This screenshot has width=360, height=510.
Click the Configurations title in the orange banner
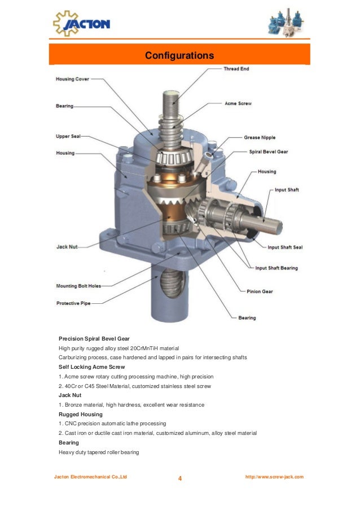(x=179, y=56)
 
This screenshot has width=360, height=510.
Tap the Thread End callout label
(x=236, y=69)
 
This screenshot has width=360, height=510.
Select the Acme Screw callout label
(x=238, y=104)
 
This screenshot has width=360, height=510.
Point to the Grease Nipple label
(x=260, y=137)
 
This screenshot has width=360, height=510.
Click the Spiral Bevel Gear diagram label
(x=269, y=152)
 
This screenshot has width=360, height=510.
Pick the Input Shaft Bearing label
(x=276, y=268)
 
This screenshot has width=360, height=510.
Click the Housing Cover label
(x=72, y=79)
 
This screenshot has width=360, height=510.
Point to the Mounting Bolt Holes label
(x=78, y=286)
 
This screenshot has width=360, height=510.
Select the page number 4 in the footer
(x=180, y=480)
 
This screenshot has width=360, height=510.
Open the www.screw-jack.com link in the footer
(x=274, y=477)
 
